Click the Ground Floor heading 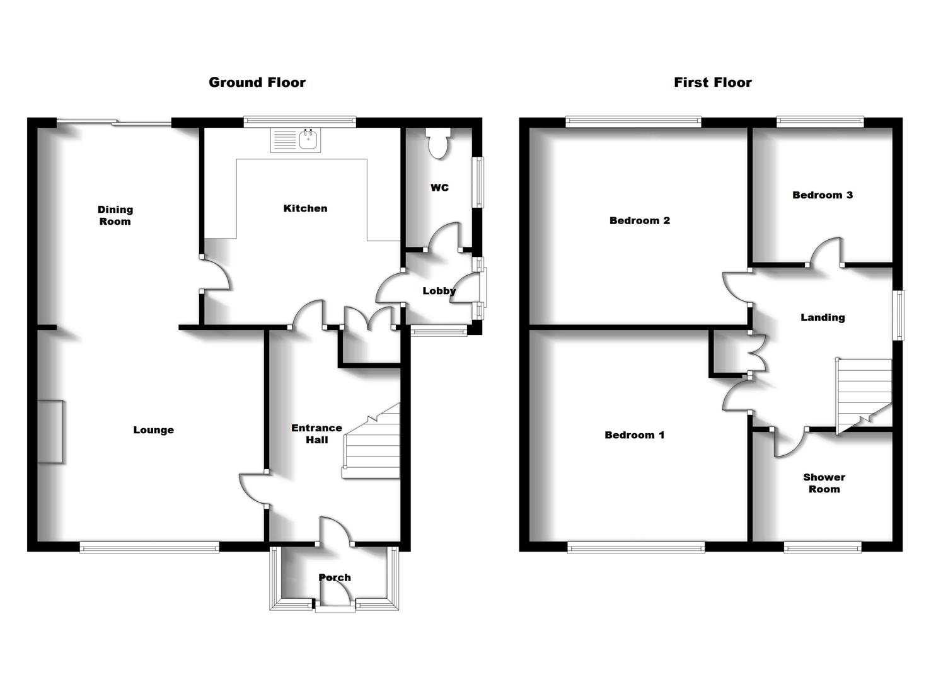click(257, 82)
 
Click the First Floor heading click(712, 82)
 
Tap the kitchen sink click(296, 140)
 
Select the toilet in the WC click(436, 143)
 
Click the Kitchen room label click(305, 208)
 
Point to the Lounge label click(153, 430)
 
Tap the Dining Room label click(115, 215)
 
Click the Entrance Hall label click(316, 434)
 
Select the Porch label click(335, 577)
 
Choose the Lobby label click(439, 291)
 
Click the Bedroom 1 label click(634, 435)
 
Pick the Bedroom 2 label click(639, 220)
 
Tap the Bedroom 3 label click(822, 195)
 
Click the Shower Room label click(824, 483)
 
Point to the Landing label click(822, 317)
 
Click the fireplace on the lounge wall click(50, 432)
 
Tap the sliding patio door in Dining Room click(113, 123)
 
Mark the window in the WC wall click(479, 182)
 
